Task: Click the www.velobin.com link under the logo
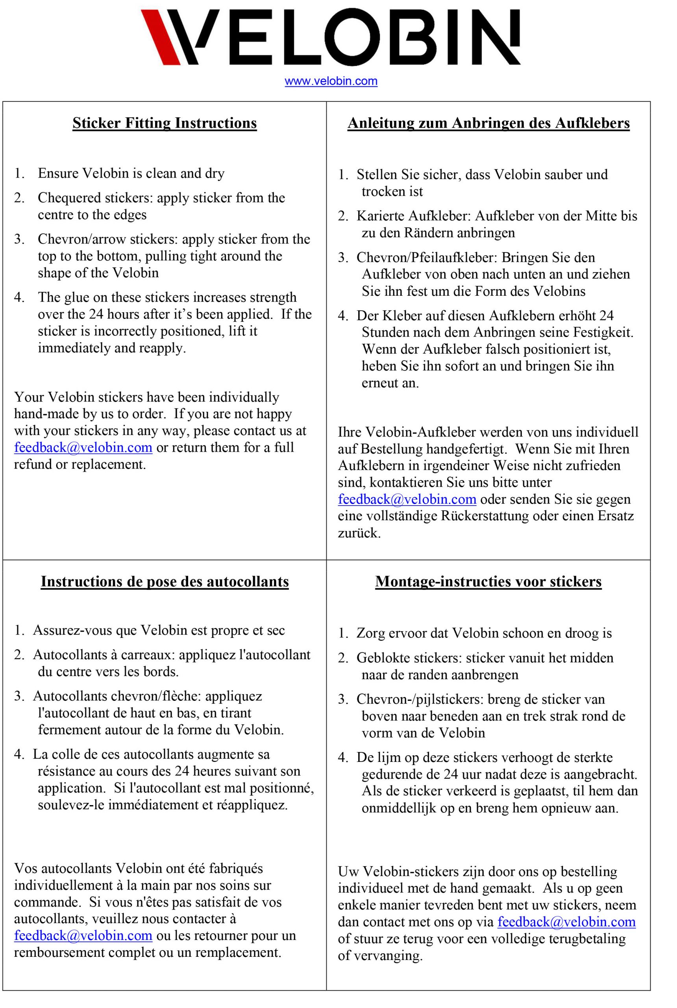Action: coord(331,81)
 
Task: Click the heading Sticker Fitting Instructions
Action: coord(165,123)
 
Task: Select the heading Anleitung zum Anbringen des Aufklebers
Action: coord(488,124)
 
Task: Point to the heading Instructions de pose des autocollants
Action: coord(165,581)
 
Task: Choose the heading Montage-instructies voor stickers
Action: coord(488,581)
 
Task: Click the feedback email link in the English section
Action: coord(83,447)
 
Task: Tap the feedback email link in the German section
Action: coord(407,499)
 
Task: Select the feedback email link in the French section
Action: coord(83,936)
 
